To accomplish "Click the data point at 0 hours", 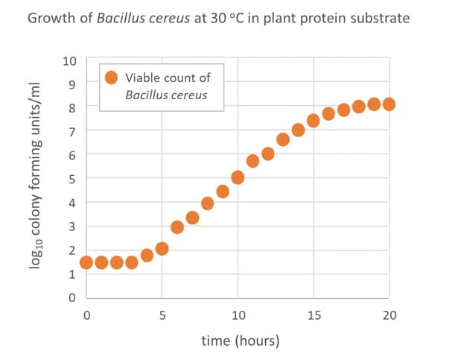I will [86, 262].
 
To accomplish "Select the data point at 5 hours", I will [162, 249].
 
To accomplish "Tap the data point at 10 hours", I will [238, 177].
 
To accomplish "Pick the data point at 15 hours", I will [314, 121].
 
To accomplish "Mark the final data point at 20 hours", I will [389, 104].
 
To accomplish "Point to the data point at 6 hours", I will [177, 227].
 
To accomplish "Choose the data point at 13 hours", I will [283, 139].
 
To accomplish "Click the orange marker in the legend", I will [111, 78].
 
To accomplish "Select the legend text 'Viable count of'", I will [168, 78].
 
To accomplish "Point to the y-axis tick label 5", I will [71, 179].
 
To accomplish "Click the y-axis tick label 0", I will [71, 298].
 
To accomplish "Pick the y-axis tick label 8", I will [71, 107].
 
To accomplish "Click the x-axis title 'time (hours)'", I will [240, 341].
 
